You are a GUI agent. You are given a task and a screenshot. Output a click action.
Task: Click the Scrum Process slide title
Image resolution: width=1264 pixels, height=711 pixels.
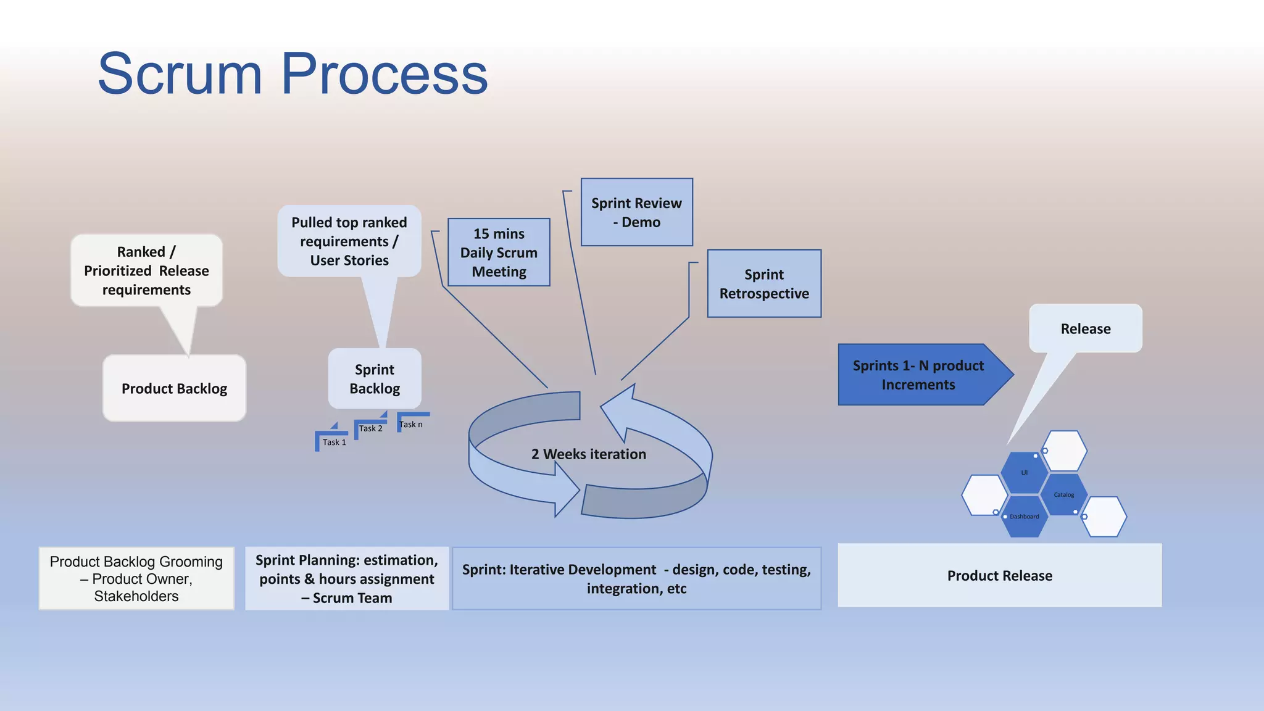[x=293, y=74]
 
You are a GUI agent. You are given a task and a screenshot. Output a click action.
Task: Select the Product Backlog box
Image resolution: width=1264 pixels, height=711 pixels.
[x=174, y=388]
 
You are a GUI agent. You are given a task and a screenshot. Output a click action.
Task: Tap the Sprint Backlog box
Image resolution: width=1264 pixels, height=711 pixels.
[x=375, y=378]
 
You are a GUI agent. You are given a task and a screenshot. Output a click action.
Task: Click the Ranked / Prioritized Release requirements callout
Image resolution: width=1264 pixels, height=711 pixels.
[x=146, y=270]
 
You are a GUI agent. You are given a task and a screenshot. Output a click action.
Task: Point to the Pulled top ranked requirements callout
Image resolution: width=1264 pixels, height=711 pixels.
[x=349, y=241]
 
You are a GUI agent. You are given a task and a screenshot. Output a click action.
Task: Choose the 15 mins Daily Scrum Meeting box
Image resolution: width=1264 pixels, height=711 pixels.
[x=499, y=252]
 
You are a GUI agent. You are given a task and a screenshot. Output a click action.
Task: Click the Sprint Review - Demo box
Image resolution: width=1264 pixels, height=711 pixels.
[x=636, y=212]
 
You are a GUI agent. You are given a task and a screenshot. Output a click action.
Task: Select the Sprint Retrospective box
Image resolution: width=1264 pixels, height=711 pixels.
[x=764, y=283]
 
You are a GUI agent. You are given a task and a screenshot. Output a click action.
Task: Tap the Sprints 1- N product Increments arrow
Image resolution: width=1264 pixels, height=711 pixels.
[x=918, y=375]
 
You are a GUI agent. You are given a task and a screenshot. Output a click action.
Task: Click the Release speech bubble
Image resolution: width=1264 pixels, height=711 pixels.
[x=1085, y=328]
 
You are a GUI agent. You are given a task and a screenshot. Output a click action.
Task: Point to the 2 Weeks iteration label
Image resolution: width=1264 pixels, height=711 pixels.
[x=589, y=454]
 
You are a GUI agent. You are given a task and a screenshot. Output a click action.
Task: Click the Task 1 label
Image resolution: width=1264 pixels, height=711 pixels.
[x=334, y=442]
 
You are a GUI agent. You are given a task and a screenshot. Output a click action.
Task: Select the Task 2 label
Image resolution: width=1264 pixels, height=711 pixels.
[x=370, y=428]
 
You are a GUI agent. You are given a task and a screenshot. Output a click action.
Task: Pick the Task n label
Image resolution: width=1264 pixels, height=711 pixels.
[x=411, y=424]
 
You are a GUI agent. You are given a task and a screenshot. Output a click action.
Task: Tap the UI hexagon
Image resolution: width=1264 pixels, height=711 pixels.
[x=1024, y=473]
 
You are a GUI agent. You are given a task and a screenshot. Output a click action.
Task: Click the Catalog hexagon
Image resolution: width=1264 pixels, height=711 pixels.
[x=1063, y=494]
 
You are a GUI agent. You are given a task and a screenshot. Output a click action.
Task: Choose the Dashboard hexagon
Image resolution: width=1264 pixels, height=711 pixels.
[x=1024, y=517]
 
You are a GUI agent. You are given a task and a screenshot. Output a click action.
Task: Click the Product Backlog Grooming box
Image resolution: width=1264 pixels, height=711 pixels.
[x=136, y=578]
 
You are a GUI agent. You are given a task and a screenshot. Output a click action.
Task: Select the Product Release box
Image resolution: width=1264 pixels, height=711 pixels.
[x=999, y=575]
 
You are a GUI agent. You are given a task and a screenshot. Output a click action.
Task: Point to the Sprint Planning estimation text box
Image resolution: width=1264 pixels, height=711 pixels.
[x=346, y=578]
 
